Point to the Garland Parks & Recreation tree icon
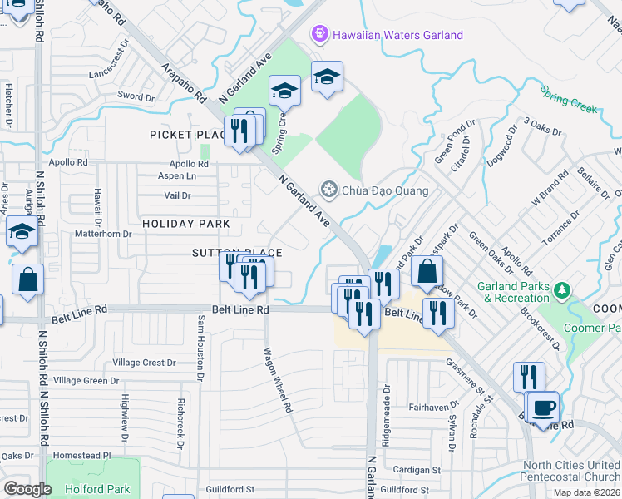(x=564, y=290)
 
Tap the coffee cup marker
(x=544, y=407)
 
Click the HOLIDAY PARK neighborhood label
(x=185, y=224)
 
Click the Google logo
(x=27, y=489)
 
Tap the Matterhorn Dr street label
(x=104, y=235)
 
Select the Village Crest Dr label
(x=145, y=363)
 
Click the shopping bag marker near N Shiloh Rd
(x=27, y=279)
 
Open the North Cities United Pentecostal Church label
(x=570, y=471)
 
